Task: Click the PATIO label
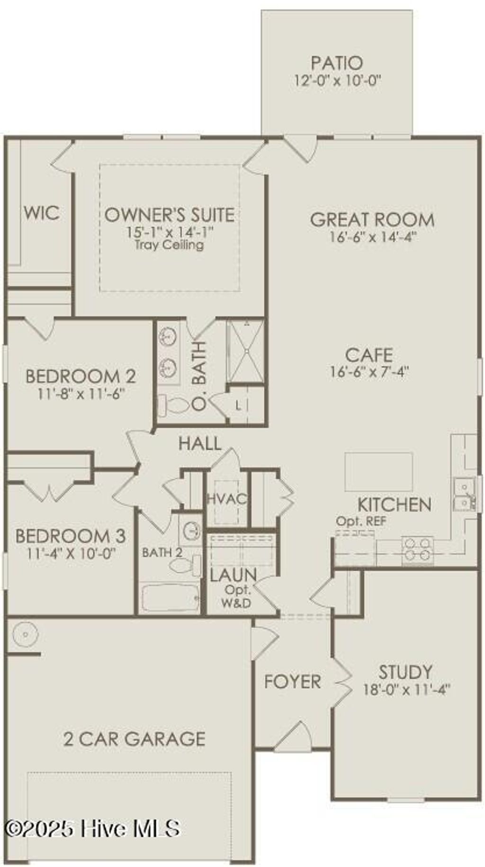[337, 63]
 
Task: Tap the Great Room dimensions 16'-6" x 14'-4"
[372, 237]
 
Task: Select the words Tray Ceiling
[169, 245]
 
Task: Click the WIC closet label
[42, 213]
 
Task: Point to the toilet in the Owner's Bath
[173, 405]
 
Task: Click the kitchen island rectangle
[378, 472]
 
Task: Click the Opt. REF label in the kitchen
[361, 522]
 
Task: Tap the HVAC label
[227, 499]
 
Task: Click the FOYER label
[292, 681]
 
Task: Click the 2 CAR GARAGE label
[135, 739]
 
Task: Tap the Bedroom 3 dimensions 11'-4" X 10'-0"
[71, 553]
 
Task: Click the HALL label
[200, 443]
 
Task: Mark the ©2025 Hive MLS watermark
[92, 829]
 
